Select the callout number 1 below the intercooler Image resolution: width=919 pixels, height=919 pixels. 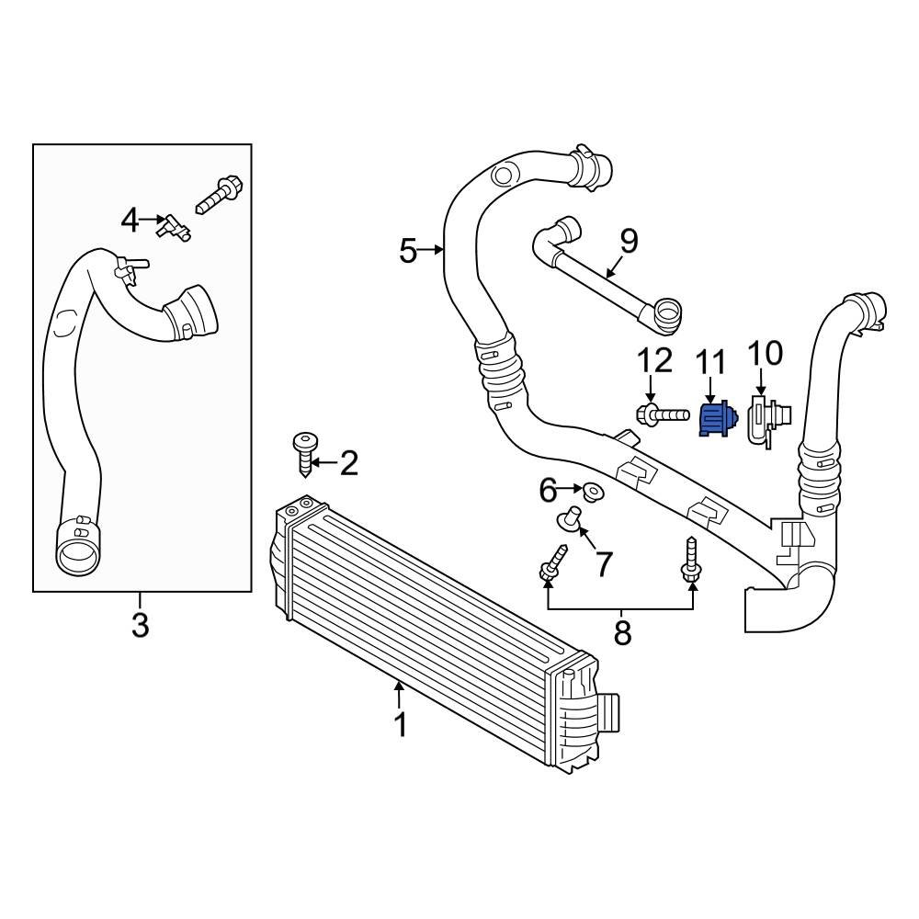(400, 725)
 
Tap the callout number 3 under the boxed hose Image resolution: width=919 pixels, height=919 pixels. (140, 626)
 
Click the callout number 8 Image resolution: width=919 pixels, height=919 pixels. (622, 633)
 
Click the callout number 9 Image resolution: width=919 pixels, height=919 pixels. (628, 242)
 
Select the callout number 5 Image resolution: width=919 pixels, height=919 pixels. (409, 250)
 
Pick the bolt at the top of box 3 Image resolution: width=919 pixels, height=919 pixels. (219, 193)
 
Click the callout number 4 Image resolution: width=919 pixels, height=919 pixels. (130, 221)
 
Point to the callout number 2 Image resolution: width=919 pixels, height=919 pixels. (348, 464)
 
